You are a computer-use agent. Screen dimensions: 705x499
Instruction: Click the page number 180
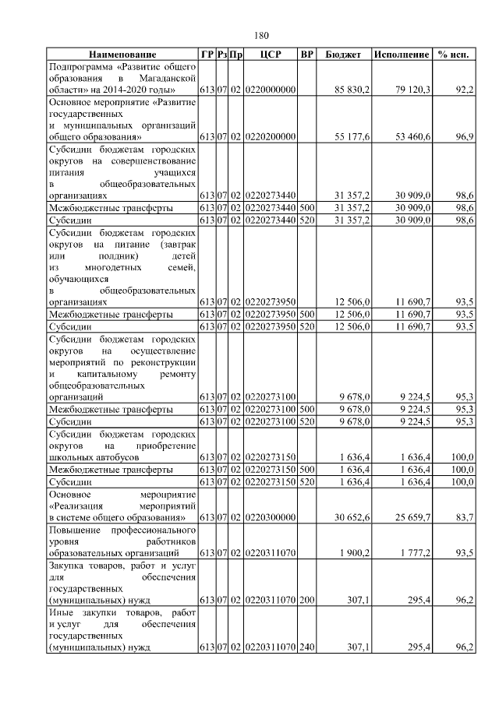click(x=261, y=35)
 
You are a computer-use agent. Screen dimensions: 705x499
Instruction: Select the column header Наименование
click(x=122, y=55)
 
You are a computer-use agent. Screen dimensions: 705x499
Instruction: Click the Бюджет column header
click(x=343, y=55)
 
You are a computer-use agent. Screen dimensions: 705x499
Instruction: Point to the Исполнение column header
click(x=402, y=55)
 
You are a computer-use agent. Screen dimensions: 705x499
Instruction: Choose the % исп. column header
click(x=455, y=55)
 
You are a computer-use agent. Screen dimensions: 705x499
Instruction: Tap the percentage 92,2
click(x=464, y=90)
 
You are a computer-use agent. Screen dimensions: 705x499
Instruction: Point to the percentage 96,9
click(x=464, y=136)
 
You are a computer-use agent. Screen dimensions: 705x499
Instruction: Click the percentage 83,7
click(x=464, y=517)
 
